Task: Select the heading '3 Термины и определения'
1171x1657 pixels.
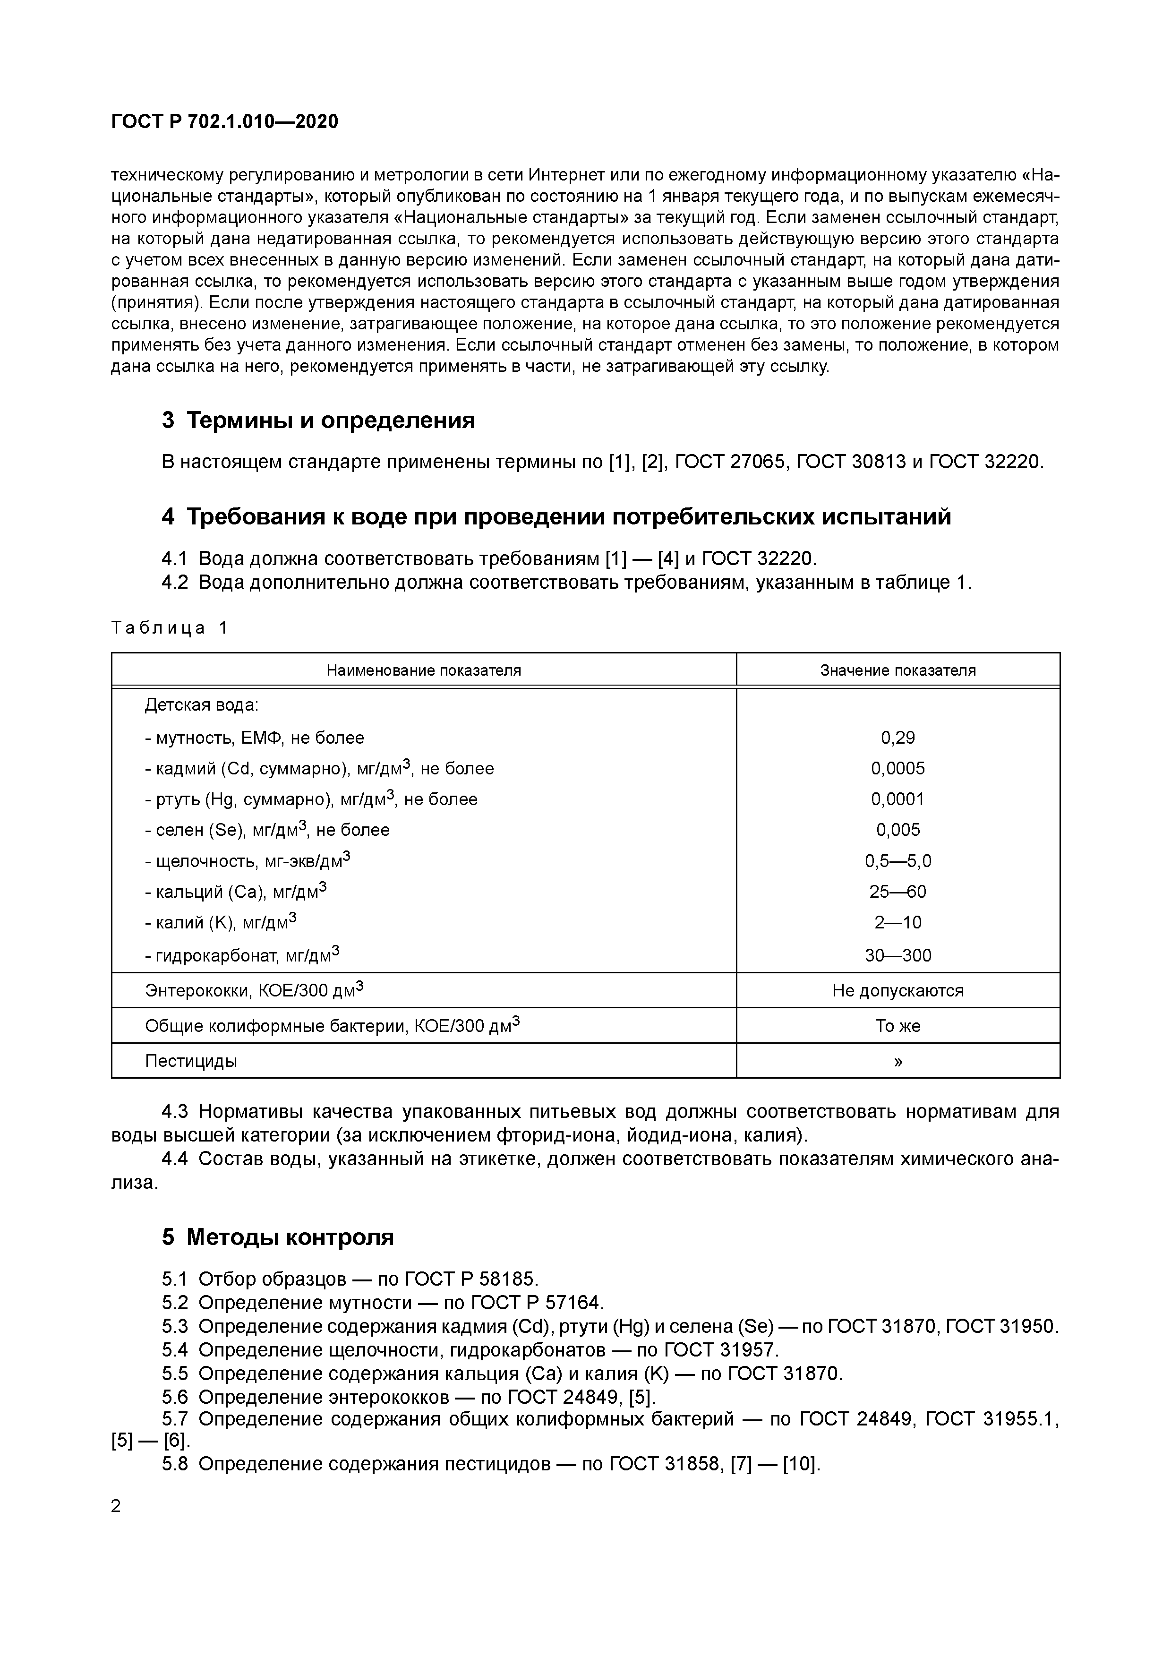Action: click(x=318, y=420)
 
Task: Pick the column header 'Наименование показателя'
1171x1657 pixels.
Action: click(x=424, y=670)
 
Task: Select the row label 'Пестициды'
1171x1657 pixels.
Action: click(x=191, y=1061)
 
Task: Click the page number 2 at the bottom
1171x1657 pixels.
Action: click(x=116, y=1507)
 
